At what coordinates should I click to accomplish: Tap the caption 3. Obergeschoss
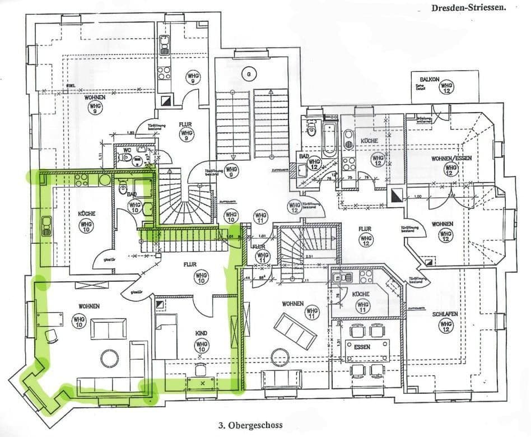[250, 425]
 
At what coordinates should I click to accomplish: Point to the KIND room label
[201, 333]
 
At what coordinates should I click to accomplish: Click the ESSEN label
[362, 347]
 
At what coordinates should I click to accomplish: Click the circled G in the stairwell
[246, 73]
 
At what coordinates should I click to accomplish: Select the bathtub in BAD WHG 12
[329, 136]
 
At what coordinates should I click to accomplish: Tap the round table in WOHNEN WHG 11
[279, 356]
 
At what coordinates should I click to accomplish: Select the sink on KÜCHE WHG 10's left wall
[45, 225]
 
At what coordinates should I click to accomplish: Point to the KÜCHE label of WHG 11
[361, 294]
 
